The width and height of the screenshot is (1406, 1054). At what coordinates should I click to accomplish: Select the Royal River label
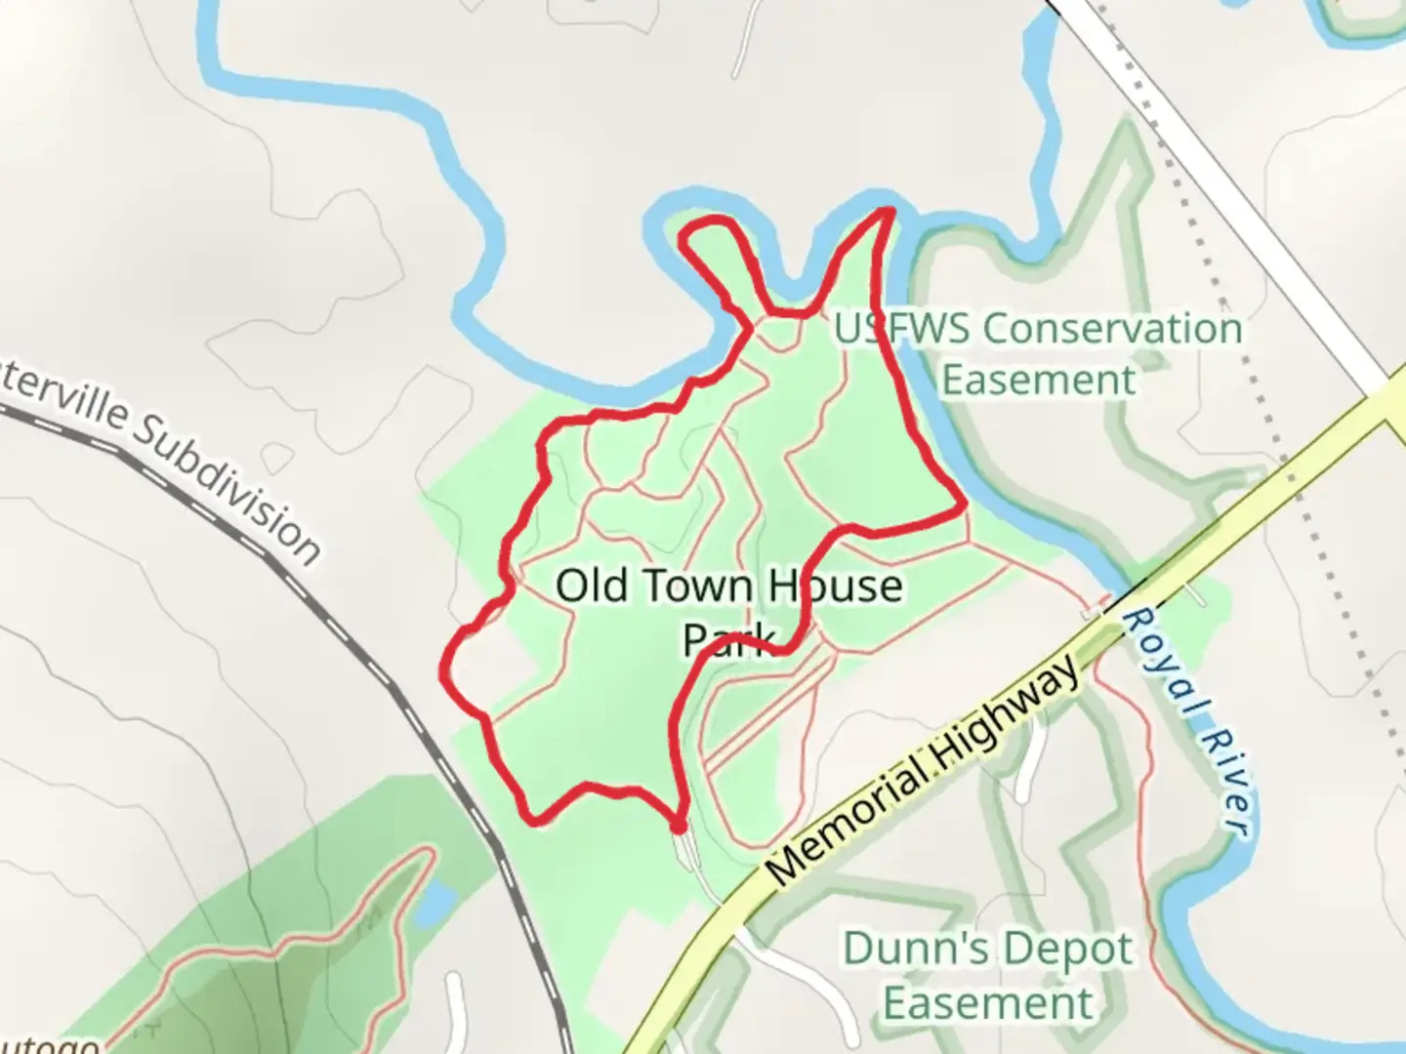pos(1185,722)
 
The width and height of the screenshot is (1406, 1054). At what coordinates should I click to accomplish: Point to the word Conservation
pos(1112,329)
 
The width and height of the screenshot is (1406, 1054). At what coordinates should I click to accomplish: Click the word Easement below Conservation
pos(1039,380)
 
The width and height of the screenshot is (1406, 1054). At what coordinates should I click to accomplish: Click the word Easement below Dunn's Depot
pos(988,1003)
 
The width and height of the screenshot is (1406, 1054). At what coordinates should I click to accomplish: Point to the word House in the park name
pos(834,587)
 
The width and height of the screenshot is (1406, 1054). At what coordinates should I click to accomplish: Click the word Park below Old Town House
pos(726,639)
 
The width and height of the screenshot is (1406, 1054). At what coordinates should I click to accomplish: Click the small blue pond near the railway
pos(435,906)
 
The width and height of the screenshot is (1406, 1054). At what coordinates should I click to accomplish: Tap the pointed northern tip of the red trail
pos(888,210)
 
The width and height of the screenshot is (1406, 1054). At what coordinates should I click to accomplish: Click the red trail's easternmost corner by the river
pos(963,506)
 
